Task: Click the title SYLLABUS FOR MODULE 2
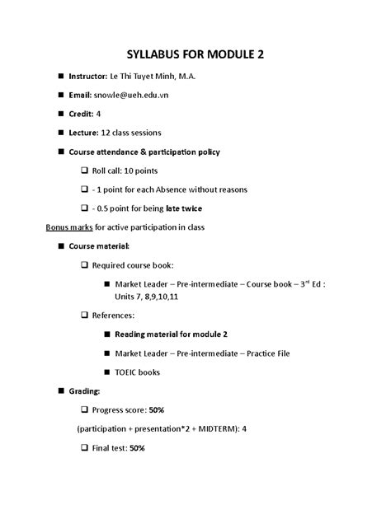(x=195, y=54)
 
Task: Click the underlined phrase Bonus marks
(x=68, y=227)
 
